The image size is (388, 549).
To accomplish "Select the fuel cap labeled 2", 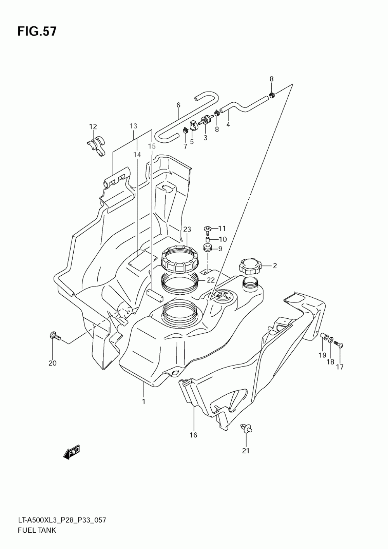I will point(250,266).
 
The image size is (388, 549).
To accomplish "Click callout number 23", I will point(187,230).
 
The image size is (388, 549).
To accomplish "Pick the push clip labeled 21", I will point(246,428).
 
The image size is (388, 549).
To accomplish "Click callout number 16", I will point(193,435).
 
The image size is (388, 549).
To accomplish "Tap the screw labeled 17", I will point(340,344).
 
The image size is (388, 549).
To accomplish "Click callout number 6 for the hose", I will point(178,105).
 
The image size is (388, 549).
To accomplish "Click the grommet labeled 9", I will point(208,248).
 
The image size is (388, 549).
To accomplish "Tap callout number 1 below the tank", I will point(143,401).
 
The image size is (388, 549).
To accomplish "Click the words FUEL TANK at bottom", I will point(37,530).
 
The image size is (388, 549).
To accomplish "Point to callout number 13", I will point(133,126).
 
